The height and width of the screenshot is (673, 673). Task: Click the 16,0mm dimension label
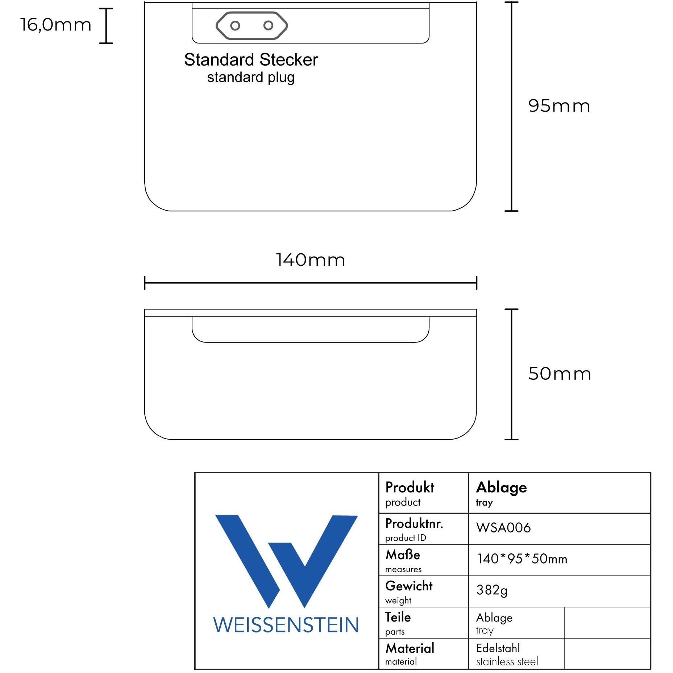55,25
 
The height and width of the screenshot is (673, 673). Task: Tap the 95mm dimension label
559,106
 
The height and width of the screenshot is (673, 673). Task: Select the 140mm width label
311,260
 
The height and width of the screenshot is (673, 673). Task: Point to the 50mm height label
560,374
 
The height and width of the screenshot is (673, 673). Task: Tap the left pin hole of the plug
235,26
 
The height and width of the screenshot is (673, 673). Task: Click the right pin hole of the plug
268,25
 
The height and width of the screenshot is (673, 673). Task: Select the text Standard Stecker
251,59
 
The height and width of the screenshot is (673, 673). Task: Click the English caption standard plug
251,78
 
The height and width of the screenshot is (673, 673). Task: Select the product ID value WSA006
503,528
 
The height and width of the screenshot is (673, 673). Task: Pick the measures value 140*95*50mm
522,558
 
